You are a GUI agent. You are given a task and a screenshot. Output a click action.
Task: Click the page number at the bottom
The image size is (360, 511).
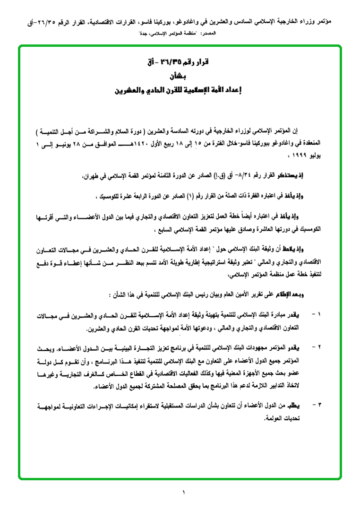click(184, 493)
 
